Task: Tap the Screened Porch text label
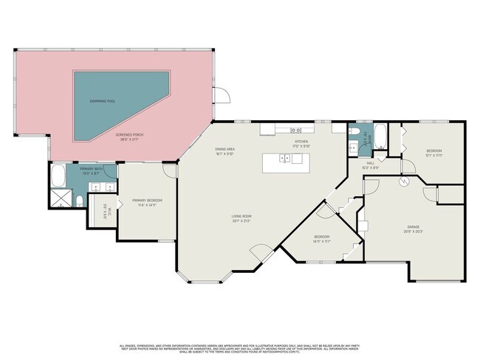127,137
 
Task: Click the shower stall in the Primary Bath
63,198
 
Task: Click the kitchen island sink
284,158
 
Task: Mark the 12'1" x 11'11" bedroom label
433,153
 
